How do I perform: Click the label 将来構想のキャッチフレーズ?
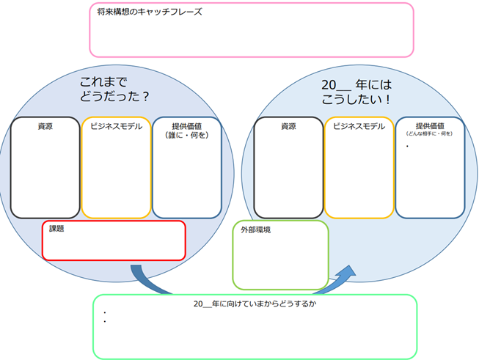point(149,12)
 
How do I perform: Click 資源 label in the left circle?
point(45,126)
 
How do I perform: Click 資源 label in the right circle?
point(288,126)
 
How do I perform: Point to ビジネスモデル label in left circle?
point(116,126)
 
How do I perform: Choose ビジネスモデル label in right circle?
point(359,126)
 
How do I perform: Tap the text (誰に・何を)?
point(187,135)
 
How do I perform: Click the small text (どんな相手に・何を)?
point(429,134)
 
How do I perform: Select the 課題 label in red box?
point(56,229)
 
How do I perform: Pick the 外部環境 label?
point(256,229)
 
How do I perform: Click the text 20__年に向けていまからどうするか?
point(254,304)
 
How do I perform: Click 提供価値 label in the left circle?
point(187,125)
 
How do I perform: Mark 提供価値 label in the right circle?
point(429,125)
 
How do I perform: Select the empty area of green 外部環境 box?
point(280,260)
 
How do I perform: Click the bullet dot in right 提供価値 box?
point(407,147)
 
